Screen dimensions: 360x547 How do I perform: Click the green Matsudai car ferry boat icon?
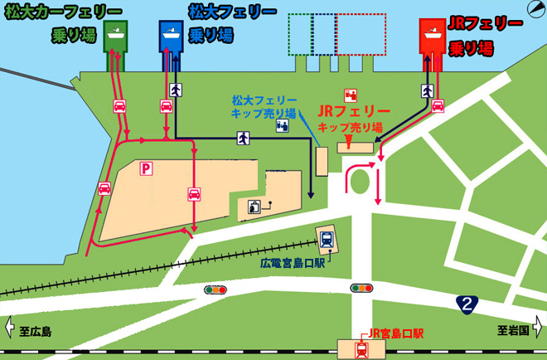pyautogui.click(x=116, y=34)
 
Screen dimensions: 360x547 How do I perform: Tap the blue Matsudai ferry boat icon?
pyautogui.click(x=171, y=34)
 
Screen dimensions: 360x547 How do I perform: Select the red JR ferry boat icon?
pyautogui.click(x=432, y=34)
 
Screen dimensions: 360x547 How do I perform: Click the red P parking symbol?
pyautogui.click(x=146, y=168)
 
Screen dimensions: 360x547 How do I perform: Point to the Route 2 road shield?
pyautogui.click(x=469, y=304)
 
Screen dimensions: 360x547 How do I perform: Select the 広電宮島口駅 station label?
pyautogui.click(x=293, y=263)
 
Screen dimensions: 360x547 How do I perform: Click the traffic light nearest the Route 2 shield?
pyautogui.click(x=361, y=288)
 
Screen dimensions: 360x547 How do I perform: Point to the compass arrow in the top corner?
pyautogui.click(x=536, y=10)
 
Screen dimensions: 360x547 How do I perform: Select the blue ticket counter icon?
pyautogui.click(x=283, y=126)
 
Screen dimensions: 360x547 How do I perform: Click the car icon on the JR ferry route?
pyautogui.click(x=438, y=105)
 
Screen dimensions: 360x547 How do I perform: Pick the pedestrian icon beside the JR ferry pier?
pyautogui.click(x=428, y=89)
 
